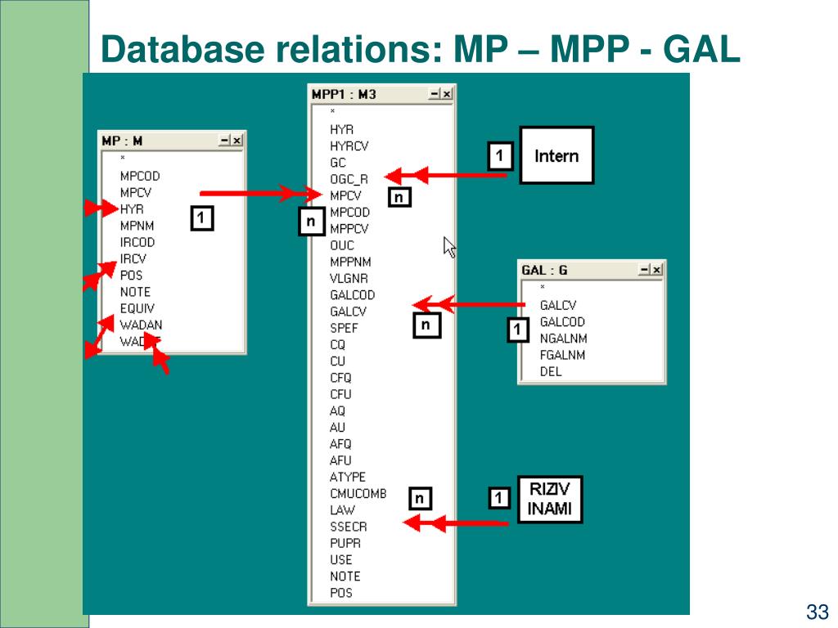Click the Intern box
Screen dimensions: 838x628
[x=556, y=155]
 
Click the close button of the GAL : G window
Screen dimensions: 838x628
[x=656, y=270]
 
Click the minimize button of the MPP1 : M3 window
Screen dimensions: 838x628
[x=435, y=94]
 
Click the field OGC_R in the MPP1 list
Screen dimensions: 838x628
[x=349, y=179]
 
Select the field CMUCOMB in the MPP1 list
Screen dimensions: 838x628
[x=358, y=493]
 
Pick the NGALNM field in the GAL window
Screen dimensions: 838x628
[x=563, y=339]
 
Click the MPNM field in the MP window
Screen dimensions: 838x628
[x=137, y=226]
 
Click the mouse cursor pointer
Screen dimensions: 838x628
[x=449, y=247]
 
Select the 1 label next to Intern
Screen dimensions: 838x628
[x=500, y=155]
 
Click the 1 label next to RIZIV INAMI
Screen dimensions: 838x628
[x=500, y=497]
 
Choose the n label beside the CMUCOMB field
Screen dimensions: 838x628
[x=419, y=498]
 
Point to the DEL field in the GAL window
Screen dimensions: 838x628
[x=551, y=371]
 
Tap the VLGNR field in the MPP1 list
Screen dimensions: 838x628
[x=349, y=278]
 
